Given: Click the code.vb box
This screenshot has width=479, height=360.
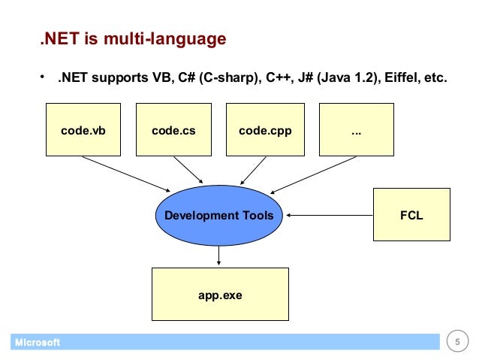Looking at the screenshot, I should (x=83, y=130).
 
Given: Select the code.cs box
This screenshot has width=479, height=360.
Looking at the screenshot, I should (x=173, y=130).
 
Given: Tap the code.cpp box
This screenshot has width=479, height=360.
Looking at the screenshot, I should (x=264, y=130).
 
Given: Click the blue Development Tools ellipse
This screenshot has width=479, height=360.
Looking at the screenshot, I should (x=218, y=216).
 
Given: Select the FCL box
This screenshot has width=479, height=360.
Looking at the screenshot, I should (x=412, y=216).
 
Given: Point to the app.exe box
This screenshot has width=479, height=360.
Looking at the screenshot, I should (x=220, y=295).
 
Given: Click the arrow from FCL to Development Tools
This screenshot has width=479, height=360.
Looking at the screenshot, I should (x=330, y=216).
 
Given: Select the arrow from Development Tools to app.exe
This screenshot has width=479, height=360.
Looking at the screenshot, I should (x=218, y=256).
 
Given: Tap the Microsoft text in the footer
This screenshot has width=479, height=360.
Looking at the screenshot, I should (x=35, y=343).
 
